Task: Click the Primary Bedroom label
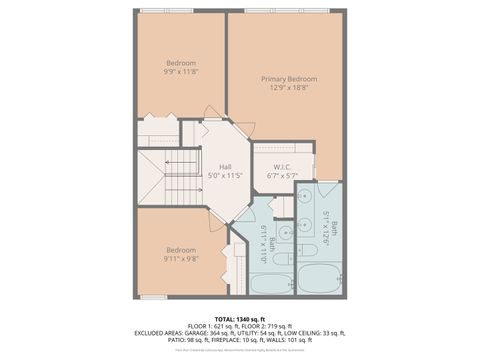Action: pyautogui.click(x=288, y=78)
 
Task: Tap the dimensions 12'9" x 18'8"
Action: pyautogui.click(x=288, y=88)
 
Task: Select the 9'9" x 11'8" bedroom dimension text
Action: pyautogui.click(x=181, y=72)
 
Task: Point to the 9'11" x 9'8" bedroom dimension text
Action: pyautogui.click(x=181, y=259)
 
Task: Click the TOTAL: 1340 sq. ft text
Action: pyautogui.click(x=239, y=318)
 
